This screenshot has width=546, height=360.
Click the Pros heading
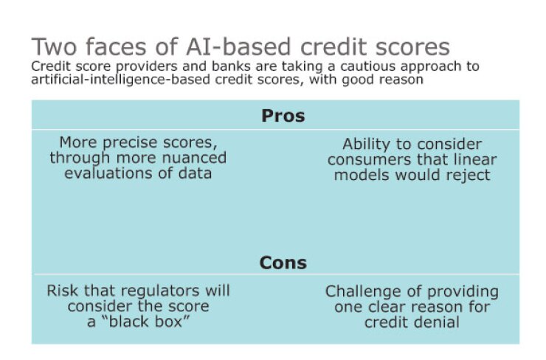(283, 117)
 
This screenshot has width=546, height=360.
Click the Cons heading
(283, 263)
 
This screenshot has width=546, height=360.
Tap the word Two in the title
(54, 46)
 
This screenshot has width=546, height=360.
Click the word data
(196, 173)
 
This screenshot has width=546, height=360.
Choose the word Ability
(369, 145)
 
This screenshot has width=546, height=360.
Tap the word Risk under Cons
(62, 291)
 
